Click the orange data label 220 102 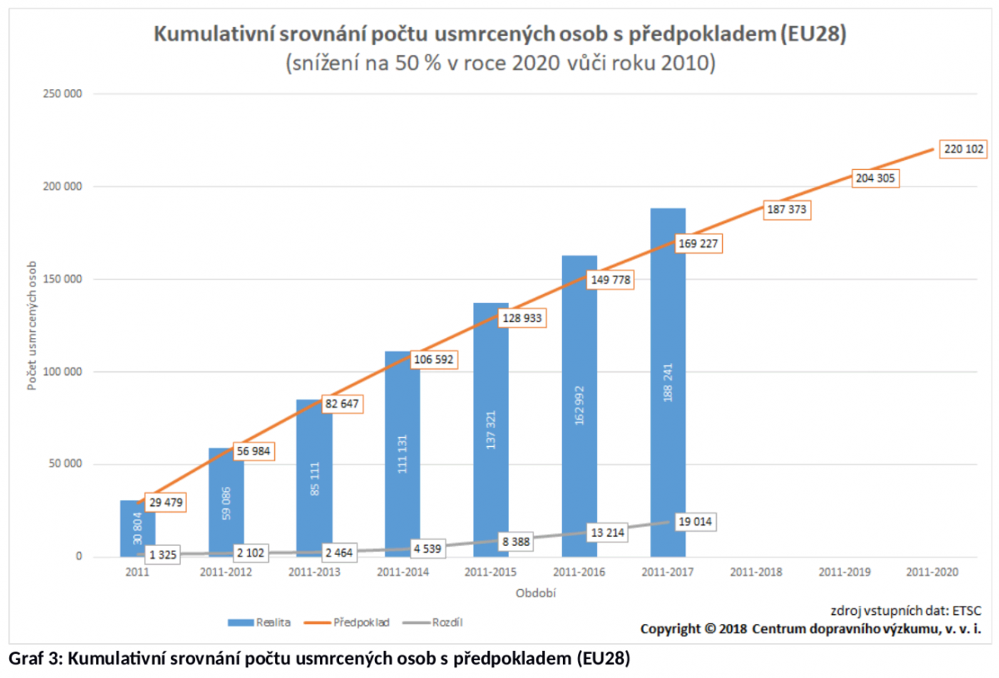[x=963, y=149]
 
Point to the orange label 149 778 [x=610, y=280]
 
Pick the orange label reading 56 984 [x=253, y=451]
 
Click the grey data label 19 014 [x=695, y=522]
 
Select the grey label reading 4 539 [x=427, y=549]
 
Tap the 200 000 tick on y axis [x=62, y=186]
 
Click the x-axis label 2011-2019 [x=844, y=572]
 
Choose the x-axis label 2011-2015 [x=490, y=572]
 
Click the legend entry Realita [x=273, y=622]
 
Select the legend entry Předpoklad [x=361, y=622]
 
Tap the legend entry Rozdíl [x=447, y=622]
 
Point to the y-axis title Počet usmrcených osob [x=32, y=325]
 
